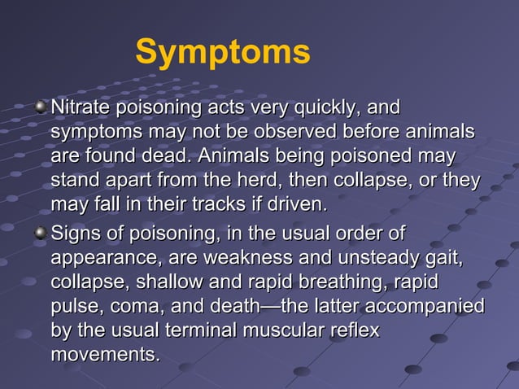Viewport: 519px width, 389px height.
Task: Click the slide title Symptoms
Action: point(222,51)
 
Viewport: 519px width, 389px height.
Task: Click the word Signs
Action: point(76,235)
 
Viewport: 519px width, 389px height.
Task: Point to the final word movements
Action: point(104,354)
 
